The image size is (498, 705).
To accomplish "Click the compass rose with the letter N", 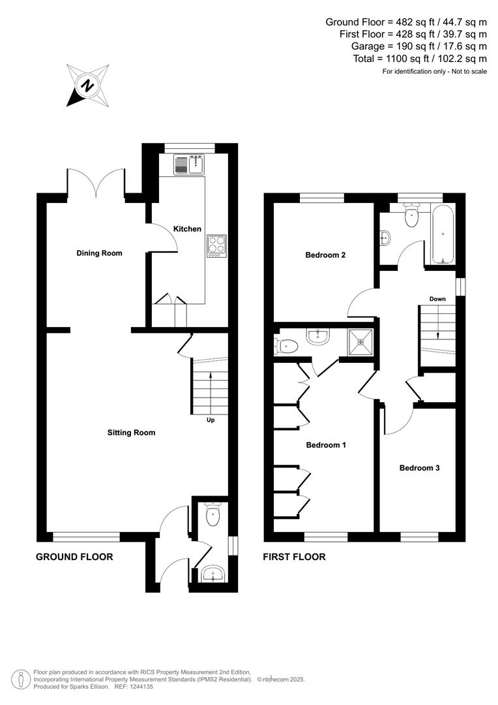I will pos(87,86).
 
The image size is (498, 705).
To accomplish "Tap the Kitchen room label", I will pos(187,229).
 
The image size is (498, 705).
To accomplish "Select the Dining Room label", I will pos(99,253).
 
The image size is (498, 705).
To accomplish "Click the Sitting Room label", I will pos(132,432).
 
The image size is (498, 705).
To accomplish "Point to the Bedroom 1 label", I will pos(325,445).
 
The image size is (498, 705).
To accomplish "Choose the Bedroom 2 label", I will pos(325,255).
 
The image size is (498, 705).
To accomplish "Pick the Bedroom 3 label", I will pos(419,468).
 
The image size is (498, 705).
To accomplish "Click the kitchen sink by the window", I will pos(188,165).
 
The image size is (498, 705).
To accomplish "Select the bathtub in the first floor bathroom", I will pos(443,234).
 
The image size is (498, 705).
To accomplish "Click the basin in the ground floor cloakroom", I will pos(212,574).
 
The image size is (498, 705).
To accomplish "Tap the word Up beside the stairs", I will pos(211,420).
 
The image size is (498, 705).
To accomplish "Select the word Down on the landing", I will pos(437,300).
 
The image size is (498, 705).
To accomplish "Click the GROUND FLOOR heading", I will pos(74,557).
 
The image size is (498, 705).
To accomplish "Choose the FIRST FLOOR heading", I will pos(294,557).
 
